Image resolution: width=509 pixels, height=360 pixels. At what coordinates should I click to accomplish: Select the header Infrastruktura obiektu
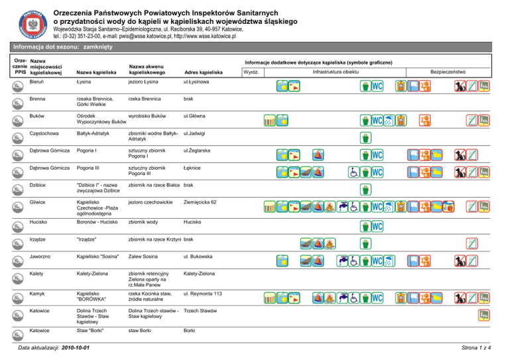(341, 71)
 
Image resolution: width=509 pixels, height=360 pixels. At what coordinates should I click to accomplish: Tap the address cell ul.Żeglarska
(199, 151)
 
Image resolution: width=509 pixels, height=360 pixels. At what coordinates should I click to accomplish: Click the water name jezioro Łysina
(144, 82)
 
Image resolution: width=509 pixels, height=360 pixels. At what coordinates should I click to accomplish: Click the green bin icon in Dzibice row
(364, 189)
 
